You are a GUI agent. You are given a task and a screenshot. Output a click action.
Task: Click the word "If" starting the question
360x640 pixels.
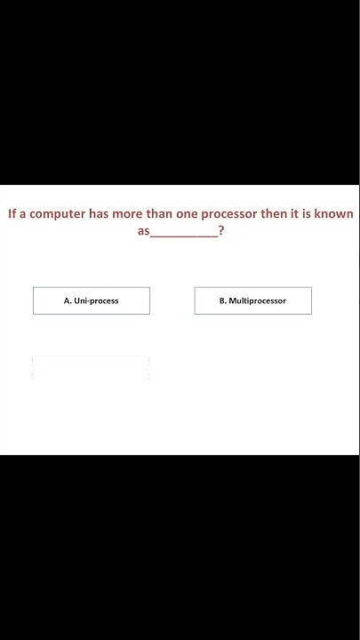(x=12, y=214)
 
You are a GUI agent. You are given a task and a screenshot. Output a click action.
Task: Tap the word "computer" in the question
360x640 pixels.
(x=57, y=214)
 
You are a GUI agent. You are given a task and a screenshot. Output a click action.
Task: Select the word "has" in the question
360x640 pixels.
(x=99, y=214)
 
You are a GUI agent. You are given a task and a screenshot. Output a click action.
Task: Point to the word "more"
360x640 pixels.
(x=128, y=214)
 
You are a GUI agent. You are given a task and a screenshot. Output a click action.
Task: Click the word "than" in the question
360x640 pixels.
(x=161, y=214)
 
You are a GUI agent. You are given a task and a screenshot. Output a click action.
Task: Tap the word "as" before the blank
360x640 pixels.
(x=142, y=233)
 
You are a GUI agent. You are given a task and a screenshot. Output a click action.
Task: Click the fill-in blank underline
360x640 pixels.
(x=183, y=236)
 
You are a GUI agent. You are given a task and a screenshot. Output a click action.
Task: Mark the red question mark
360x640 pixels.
(x=220, y=232)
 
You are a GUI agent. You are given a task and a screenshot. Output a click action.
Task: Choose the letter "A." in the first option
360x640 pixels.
(x=68, y=301)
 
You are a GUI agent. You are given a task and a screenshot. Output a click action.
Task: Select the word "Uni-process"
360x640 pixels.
(x=97, y=301)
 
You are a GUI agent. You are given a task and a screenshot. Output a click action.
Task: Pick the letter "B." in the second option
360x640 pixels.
(x=223, y=301)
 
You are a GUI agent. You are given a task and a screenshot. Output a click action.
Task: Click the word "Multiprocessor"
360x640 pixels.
(x=258, y=301)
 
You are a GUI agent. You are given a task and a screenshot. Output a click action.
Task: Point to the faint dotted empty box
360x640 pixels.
(x=91, y=368)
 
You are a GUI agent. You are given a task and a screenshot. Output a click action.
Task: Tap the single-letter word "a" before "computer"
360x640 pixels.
(x=24, y=214)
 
